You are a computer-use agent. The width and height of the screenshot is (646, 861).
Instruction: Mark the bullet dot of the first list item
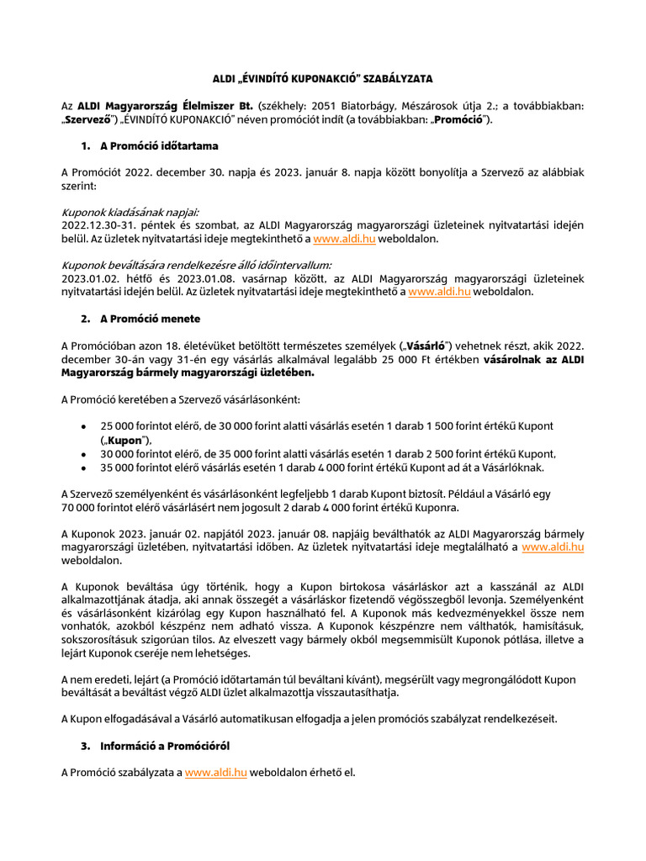[x=82, y=426]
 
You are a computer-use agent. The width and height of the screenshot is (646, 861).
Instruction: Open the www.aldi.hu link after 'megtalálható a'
[x=553, y=547]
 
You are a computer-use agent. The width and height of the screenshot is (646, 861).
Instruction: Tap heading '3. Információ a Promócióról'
[x=165, y=746]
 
